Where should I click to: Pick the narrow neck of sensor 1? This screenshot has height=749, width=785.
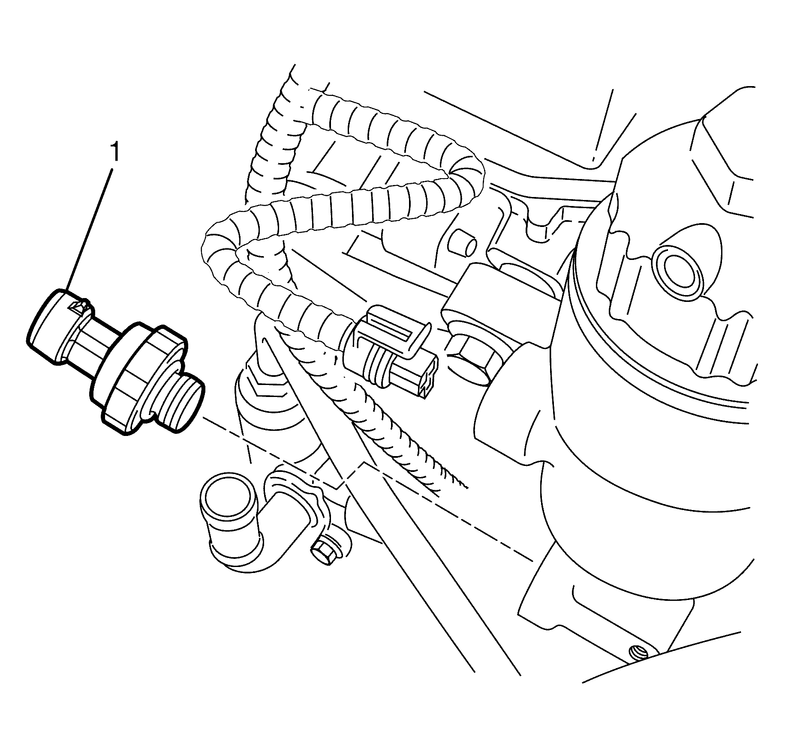88,343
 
